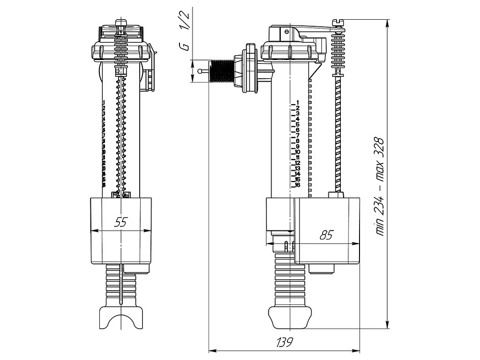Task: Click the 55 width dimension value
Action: tap(120, 222)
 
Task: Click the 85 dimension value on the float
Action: tap(326, 235)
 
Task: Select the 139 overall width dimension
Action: tap(285, 342)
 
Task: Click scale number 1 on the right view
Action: tap(298, 102)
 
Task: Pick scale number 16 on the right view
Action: tap(298, 185)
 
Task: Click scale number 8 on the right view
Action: tap(298, 141)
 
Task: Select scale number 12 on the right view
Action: tap(298, 163)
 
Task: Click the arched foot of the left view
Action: tap(121, 319)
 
